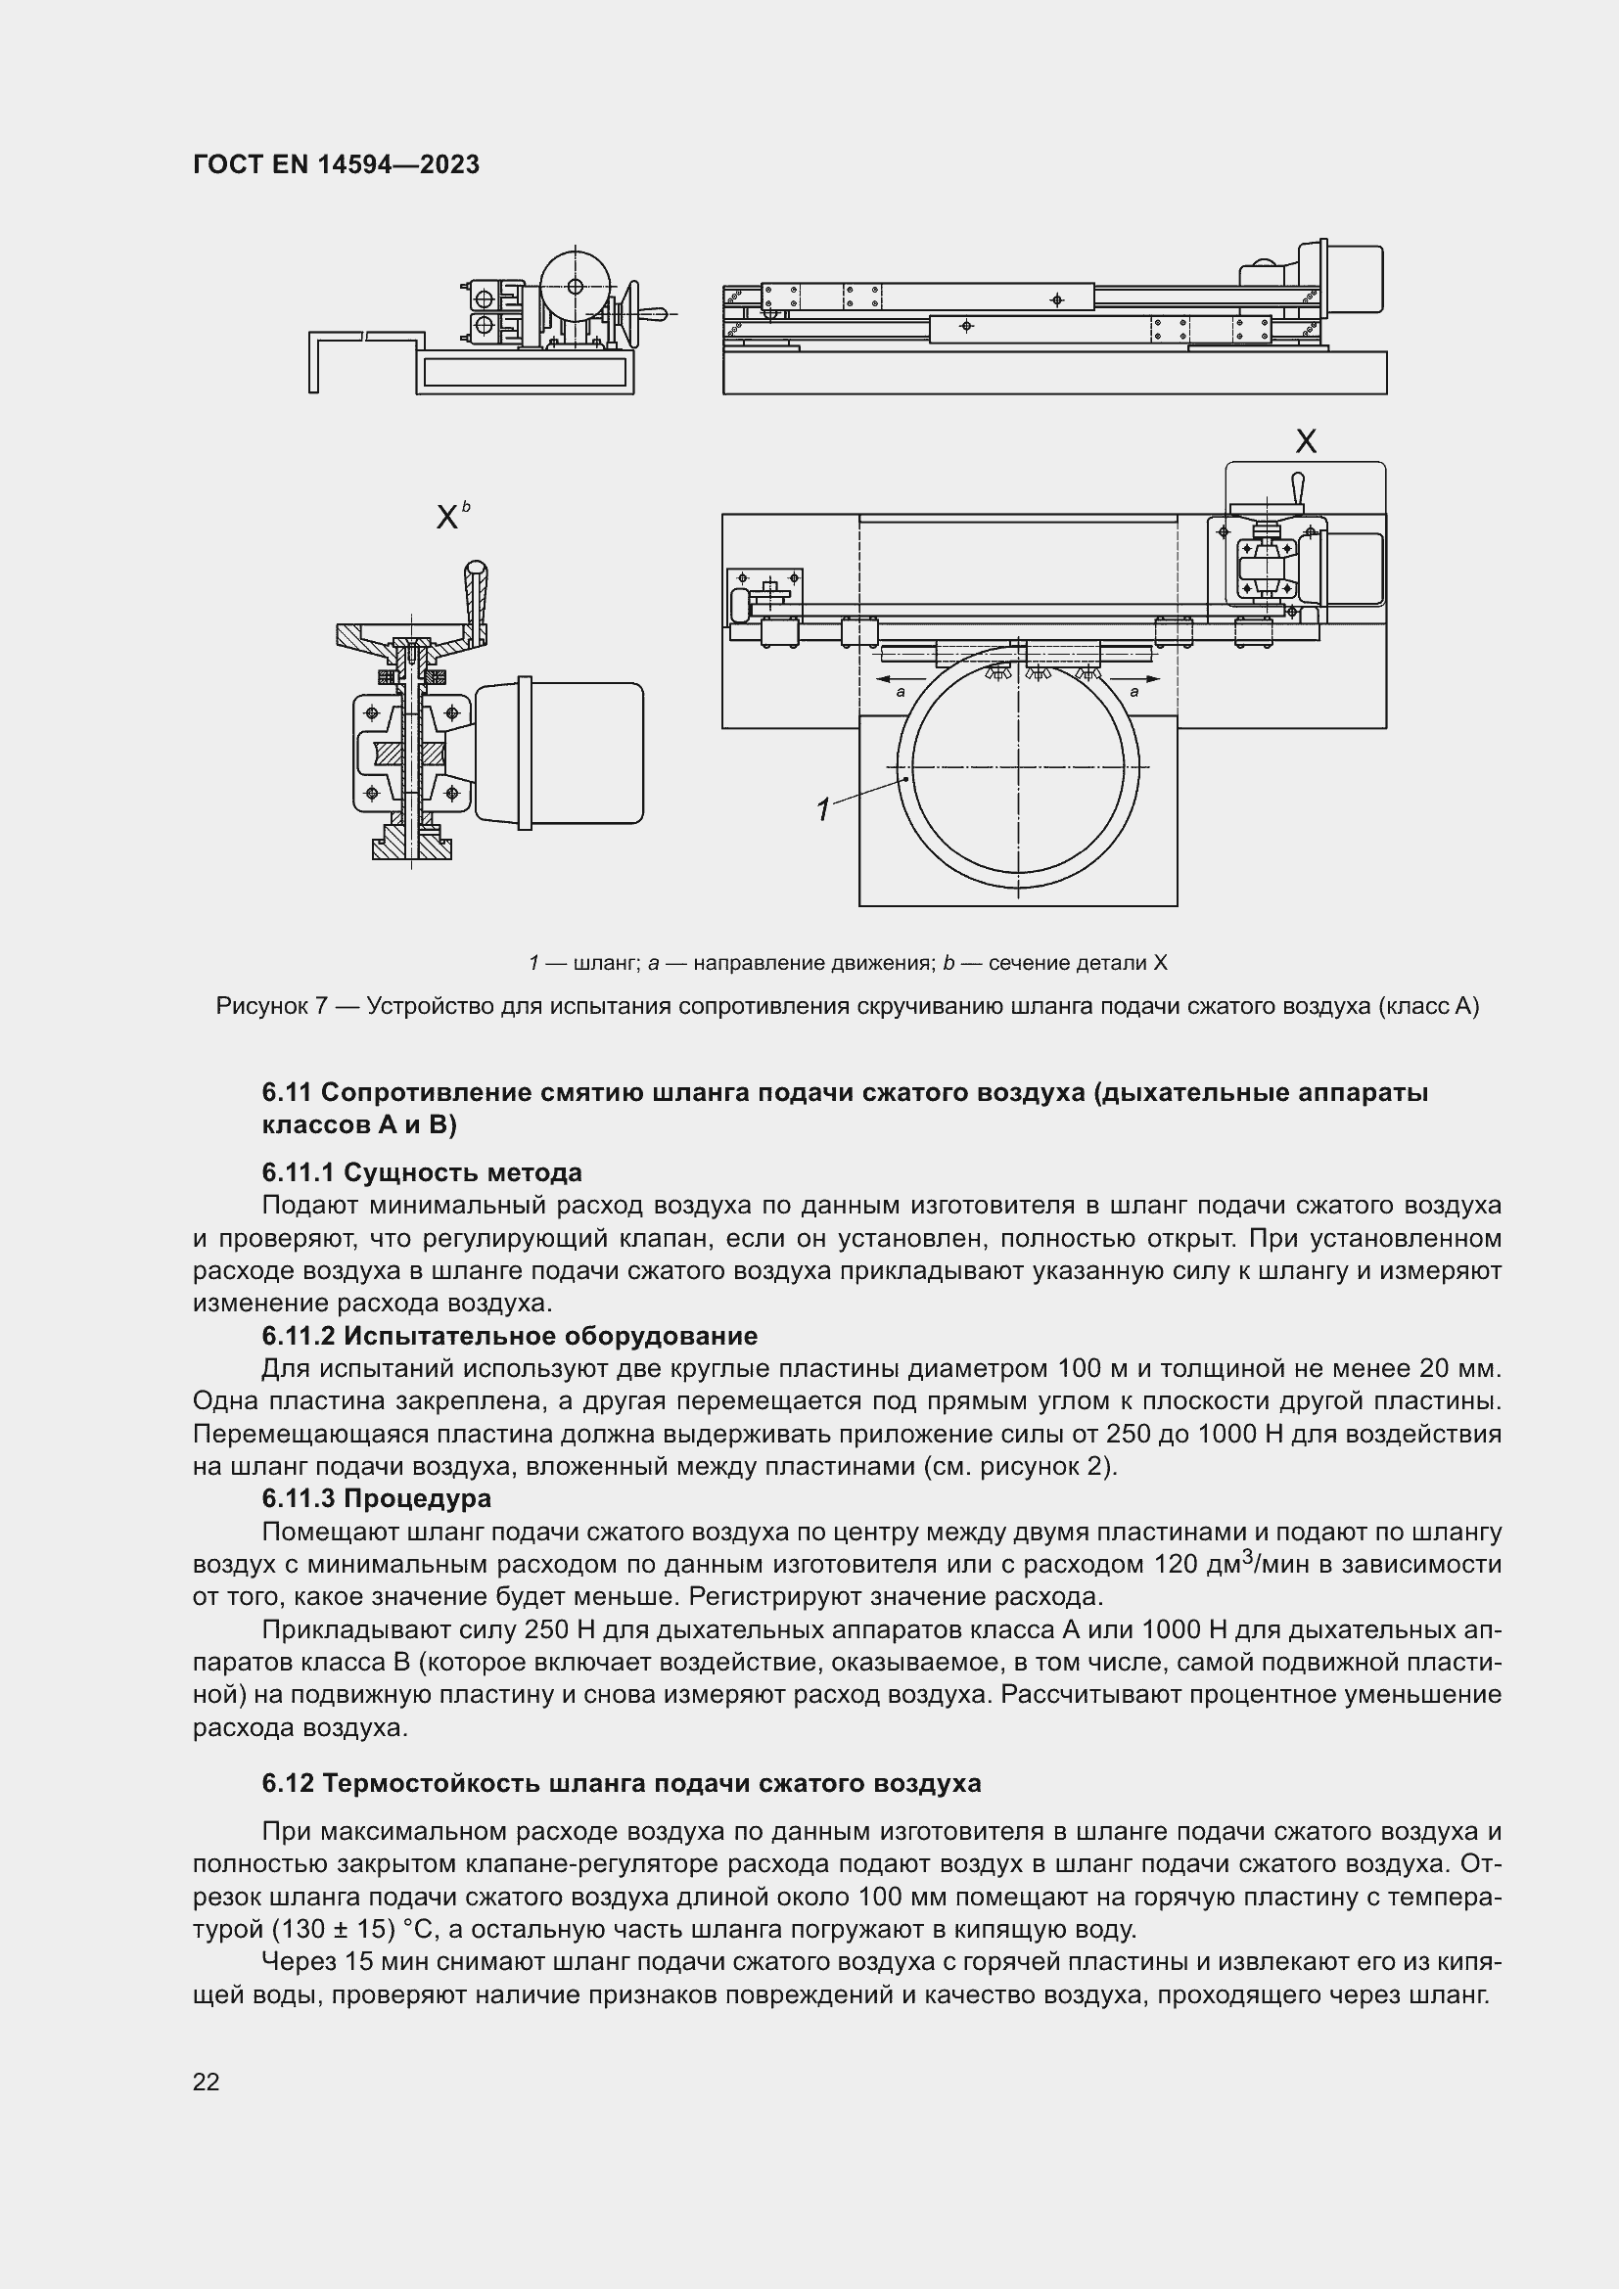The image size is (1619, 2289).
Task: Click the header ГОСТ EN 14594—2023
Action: point(336,164)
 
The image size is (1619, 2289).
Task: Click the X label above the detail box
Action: point(1304,441)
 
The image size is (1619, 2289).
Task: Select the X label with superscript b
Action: point(450,517)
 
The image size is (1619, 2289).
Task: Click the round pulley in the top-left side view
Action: point(576,286)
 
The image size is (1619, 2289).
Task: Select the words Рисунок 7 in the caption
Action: point(271,1006)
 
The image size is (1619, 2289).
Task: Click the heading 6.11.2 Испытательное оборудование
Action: point(509,1336)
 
